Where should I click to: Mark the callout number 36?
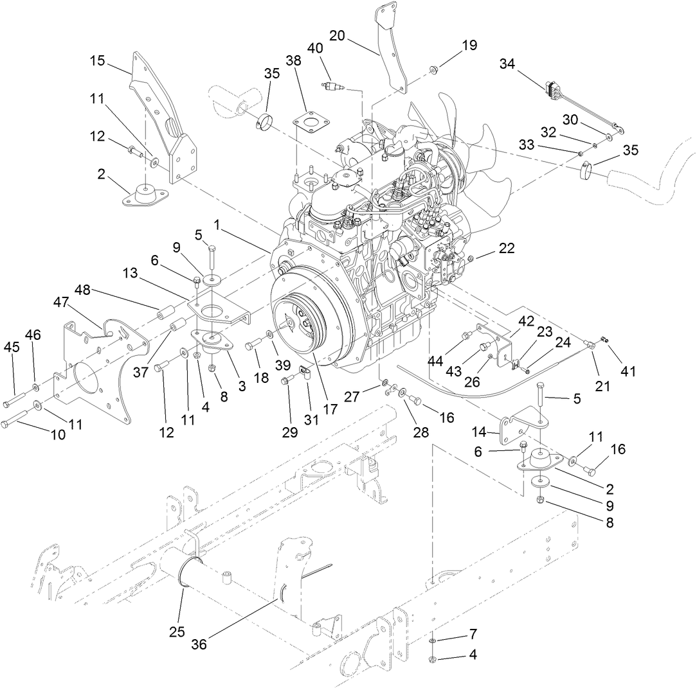(199, 644)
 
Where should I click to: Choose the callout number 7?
(473, 634)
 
